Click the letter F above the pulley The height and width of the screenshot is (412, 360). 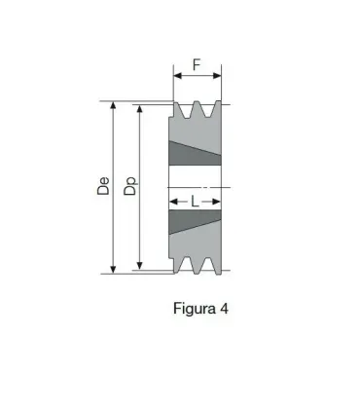pyautogui.click(x=197, y=65)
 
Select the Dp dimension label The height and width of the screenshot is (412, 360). pyautogui.click(x=130, y=186)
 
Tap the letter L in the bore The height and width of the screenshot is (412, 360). pyautogui.click(x=196, y=202)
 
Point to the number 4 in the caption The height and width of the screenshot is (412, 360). pyautogui.click(x=225, y=309)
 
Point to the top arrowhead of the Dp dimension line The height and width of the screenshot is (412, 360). pyautogui.click(x=140, y=110)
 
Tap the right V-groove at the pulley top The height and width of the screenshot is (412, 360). pyautogui.click(x=207, y=110)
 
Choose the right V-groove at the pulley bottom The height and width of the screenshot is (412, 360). pyautogui.click(x=207, y=264)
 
